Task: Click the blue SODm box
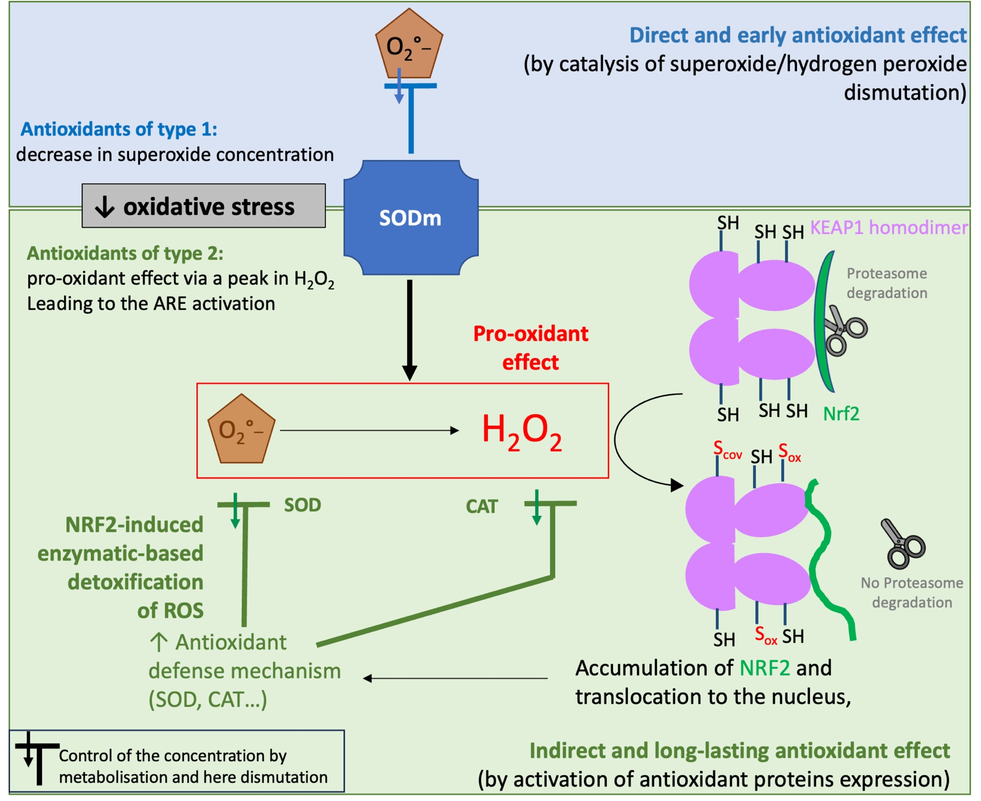[410, 218]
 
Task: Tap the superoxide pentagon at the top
[409, 45]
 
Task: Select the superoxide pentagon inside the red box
[241, 430]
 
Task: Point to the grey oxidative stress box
[203, 206]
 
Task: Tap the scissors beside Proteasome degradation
[844, 330]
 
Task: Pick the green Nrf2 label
[841, 413]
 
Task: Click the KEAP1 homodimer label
[889, 227]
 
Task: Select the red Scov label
[727, 450]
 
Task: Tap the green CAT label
[481, 507]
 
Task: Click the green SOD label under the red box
[302, 505]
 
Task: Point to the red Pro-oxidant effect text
[530, 348]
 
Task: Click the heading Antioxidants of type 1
[119, 129]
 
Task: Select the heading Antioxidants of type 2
[125, 253]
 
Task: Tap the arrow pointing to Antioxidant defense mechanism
[455, 678]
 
